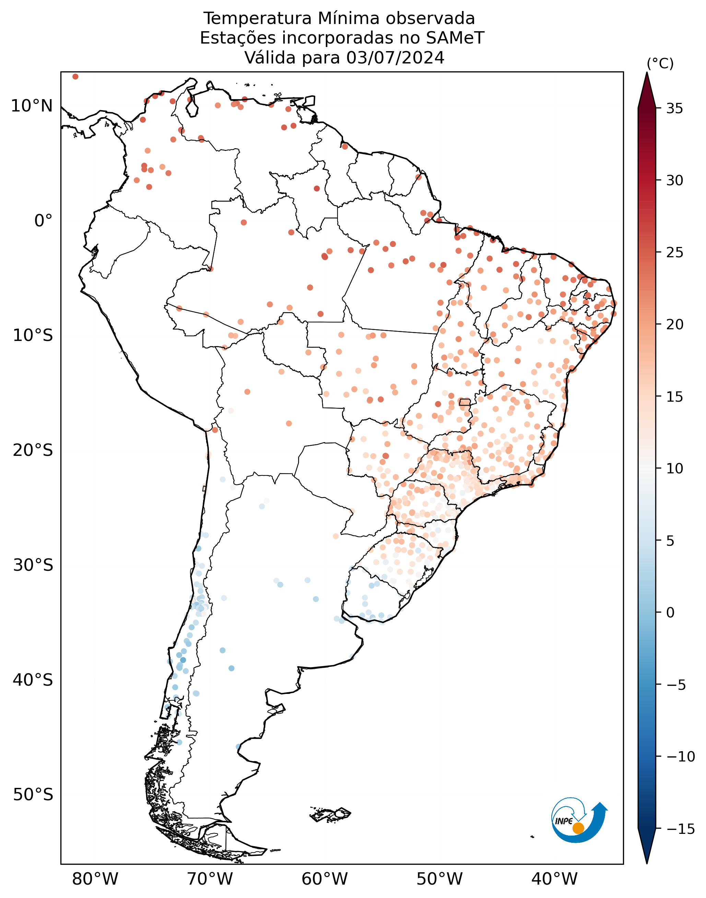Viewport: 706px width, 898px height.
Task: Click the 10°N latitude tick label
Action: coord(32,106)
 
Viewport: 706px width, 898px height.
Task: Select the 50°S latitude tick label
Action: coord(33,794)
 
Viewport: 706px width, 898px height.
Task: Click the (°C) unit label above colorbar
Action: coord(660,64)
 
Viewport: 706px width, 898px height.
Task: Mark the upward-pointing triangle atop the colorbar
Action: coord(647,91)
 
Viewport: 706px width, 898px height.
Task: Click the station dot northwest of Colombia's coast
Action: coord(75,76)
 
